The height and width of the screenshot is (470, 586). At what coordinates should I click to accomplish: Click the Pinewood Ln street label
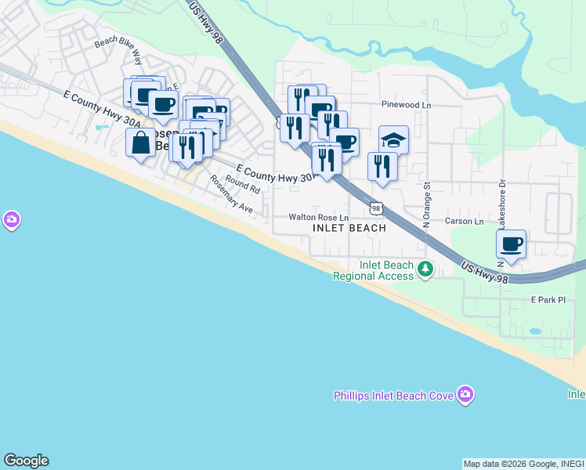[406, 104]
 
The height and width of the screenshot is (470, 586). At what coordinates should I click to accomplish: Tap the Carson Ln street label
[465, 222]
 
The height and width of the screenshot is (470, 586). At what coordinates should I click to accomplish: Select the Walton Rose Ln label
[318, 217]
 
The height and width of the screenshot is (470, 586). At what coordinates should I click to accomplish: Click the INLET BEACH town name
[349, 228]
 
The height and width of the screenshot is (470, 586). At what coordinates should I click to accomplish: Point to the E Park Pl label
[548, 300]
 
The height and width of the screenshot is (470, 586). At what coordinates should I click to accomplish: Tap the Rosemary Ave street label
[231, 194]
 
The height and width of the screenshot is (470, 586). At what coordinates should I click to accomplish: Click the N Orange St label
[428, 205]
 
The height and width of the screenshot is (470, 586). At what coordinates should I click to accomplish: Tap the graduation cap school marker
[393, 139]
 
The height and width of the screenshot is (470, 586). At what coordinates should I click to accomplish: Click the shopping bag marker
[141, 143]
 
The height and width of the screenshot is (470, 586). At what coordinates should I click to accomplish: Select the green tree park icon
[425, 269]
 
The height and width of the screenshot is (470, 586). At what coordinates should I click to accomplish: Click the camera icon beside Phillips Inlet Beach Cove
[466, 394]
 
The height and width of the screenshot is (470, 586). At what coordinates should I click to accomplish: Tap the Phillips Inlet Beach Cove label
[393, 396]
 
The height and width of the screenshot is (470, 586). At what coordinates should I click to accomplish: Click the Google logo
[26, 461]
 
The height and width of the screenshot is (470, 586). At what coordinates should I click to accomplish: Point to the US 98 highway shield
[377, 208]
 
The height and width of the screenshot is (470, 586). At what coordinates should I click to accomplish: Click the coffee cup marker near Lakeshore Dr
[511, 244]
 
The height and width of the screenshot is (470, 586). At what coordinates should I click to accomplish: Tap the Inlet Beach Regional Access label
[372, 270]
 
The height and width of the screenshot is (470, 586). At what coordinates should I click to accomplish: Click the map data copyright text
[523, 464]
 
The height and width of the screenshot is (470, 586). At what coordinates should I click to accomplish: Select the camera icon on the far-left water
[11, 220]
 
